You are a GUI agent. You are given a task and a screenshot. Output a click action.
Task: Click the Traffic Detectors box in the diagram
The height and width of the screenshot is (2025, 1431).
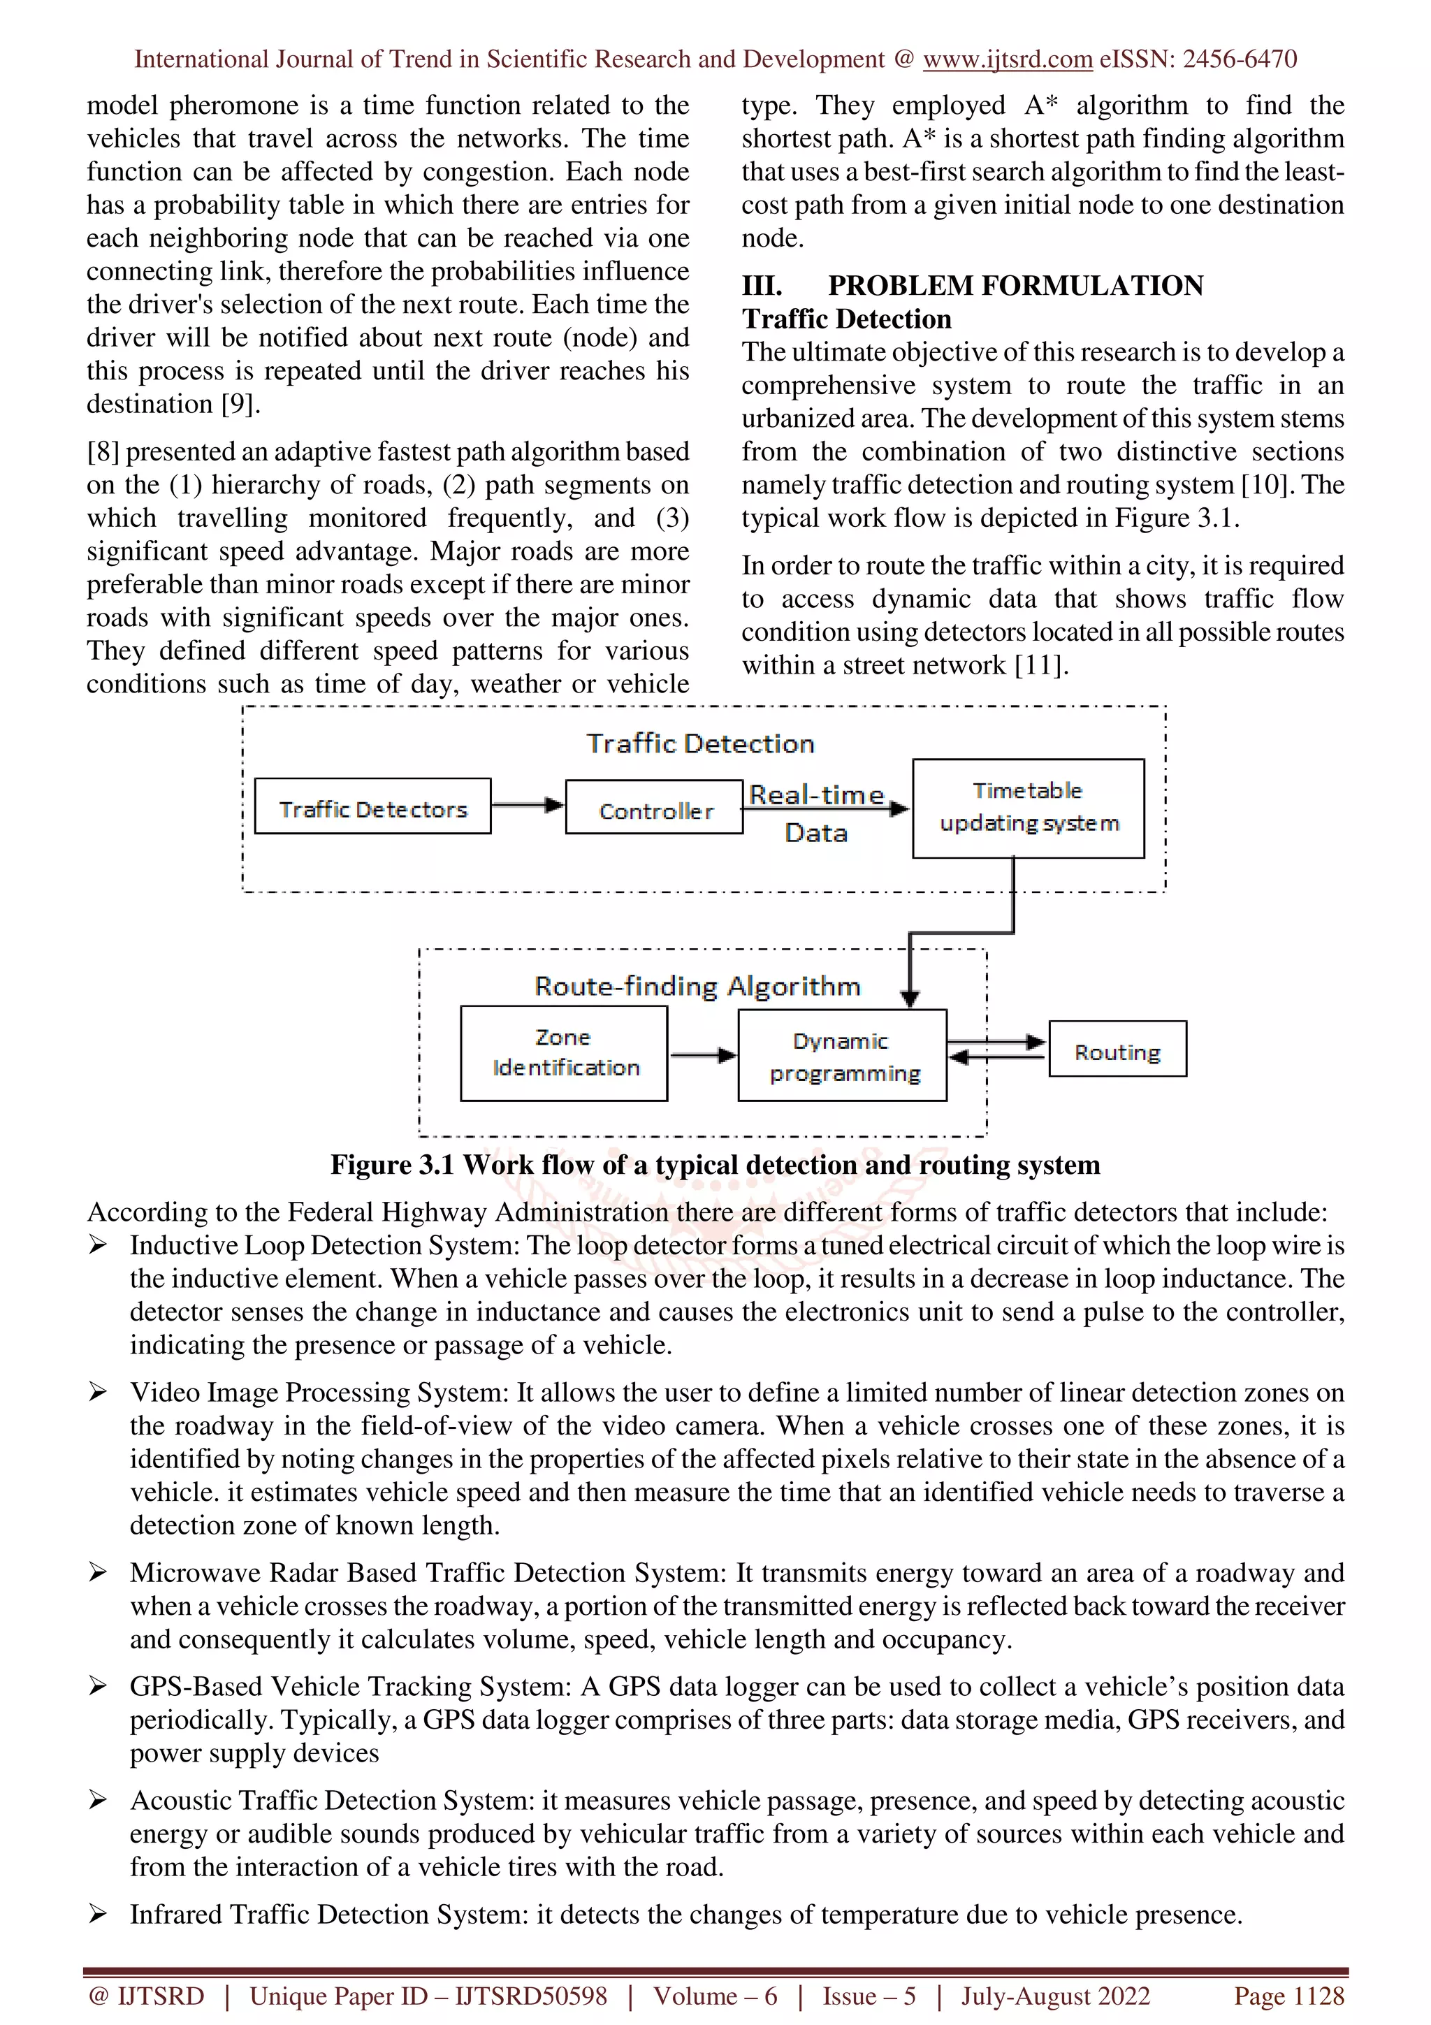tap(372, 807)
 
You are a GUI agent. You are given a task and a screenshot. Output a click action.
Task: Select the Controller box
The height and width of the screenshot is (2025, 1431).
tap(654, 808)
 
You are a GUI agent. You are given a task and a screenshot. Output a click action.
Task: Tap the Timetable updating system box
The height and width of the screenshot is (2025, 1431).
tap(1028, 808)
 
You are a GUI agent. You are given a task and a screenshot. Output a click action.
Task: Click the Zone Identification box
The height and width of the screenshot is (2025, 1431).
tap(565, 1053)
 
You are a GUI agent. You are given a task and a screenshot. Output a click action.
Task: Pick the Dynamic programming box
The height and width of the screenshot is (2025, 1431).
tap(842, 1056)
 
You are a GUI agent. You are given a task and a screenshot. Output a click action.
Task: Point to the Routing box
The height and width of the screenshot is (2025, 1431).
tap(1117, 1050)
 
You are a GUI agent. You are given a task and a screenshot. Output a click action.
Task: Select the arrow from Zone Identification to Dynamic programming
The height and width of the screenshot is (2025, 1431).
tap(703, 1055)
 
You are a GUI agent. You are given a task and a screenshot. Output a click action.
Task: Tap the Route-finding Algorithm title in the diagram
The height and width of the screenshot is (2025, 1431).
tap(697, 986)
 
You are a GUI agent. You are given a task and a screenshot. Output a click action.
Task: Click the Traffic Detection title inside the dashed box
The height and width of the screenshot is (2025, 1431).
tap(700, 743)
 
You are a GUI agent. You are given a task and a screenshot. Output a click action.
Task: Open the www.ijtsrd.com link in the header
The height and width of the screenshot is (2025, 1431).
tap(1007, 59)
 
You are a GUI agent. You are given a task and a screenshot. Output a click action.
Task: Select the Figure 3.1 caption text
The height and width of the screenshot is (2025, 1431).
tap(715, 1165)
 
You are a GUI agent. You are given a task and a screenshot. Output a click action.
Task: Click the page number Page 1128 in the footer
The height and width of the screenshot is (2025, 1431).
tap(1288, 1996)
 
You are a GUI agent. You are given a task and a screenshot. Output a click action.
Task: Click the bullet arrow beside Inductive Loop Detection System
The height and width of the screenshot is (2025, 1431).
tap(98, 1244)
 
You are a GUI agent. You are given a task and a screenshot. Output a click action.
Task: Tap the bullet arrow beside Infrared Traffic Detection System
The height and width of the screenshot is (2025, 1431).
tap(98, 1914)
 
